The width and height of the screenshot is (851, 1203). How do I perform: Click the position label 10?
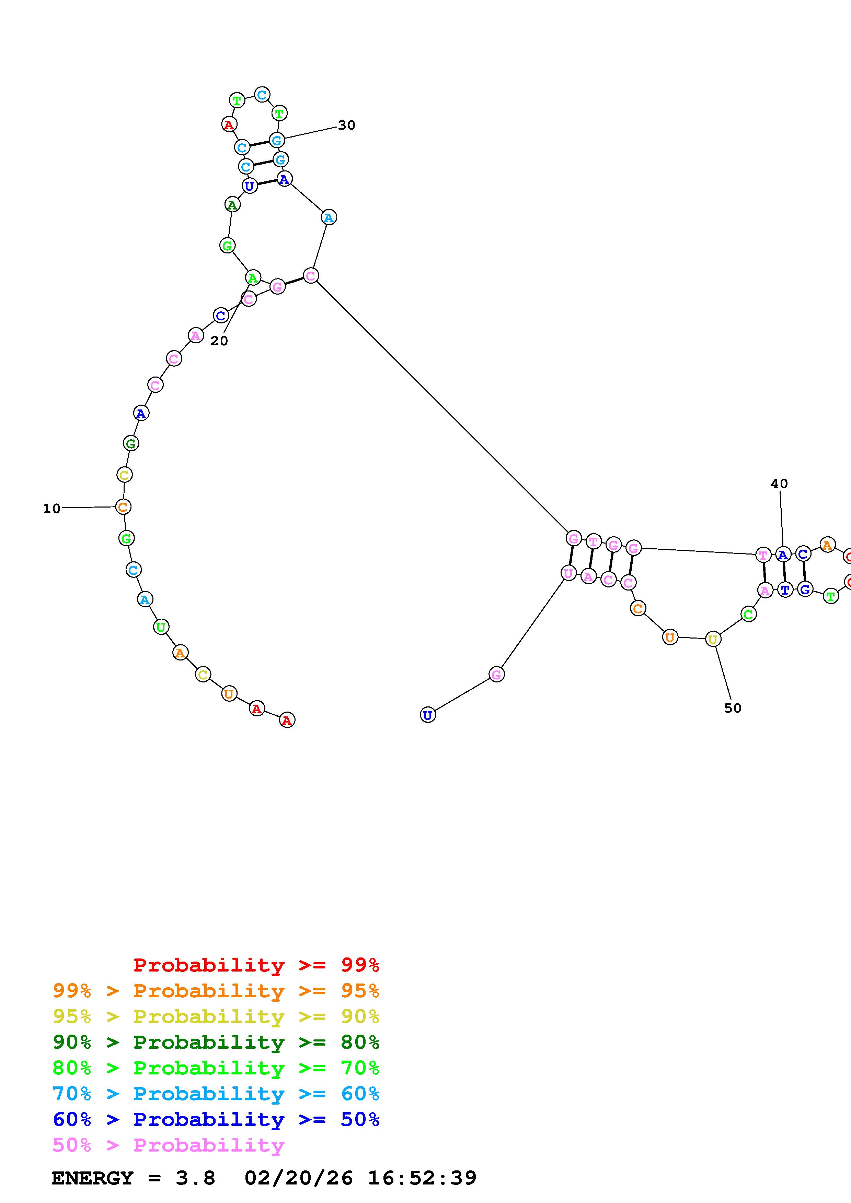[x=51, y=508]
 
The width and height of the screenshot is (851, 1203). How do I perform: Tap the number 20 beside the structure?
[x=219, y=341]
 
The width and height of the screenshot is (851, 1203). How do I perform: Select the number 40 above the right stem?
[x=779, y=484]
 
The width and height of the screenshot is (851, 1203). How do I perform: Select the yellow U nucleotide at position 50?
[x=713, y=639]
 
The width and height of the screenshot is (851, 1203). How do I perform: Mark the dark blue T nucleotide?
[x=784, y=590]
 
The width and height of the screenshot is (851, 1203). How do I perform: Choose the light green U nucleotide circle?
[x=161, y=627]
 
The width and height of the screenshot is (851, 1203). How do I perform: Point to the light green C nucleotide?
[x=748, y=614]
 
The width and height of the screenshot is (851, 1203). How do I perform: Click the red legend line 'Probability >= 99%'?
[x=256, y=965]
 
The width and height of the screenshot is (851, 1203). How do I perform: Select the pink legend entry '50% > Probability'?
[x=168, y=1145]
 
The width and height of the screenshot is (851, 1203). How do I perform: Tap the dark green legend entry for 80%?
[x=216, y=1042]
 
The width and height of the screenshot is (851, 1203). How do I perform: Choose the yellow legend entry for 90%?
[x=216, y=1016]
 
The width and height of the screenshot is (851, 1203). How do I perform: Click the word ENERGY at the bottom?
[x=92, y=1178]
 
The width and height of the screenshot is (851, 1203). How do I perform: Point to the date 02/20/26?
[x=298, y=1178]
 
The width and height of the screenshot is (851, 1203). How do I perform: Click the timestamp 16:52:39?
[x=422, y=1178]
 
